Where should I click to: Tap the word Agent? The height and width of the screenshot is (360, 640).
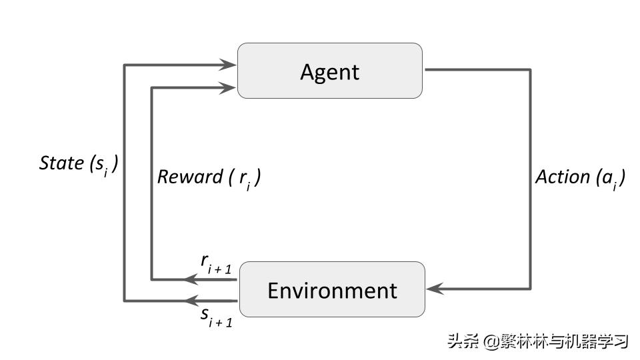[x=329, y=71]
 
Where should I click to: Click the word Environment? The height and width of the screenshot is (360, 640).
[x=331, y=290]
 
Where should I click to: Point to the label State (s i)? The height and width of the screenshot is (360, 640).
[x=79, y=164]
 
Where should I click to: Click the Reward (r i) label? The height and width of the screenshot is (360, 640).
[x=208, y=177]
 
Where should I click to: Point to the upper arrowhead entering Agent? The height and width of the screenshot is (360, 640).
[x=230, y=65]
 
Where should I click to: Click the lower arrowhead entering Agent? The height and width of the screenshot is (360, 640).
[x=230, y=87]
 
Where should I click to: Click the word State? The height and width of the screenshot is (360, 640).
[x=61, y=163]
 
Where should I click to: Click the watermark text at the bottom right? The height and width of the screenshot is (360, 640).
[x=538, y=341]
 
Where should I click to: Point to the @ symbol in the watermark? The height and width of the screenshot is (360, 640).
[x=491, y=342]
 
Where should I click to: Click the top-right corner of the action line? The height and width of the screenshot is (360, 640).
[x=531, y=69]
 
